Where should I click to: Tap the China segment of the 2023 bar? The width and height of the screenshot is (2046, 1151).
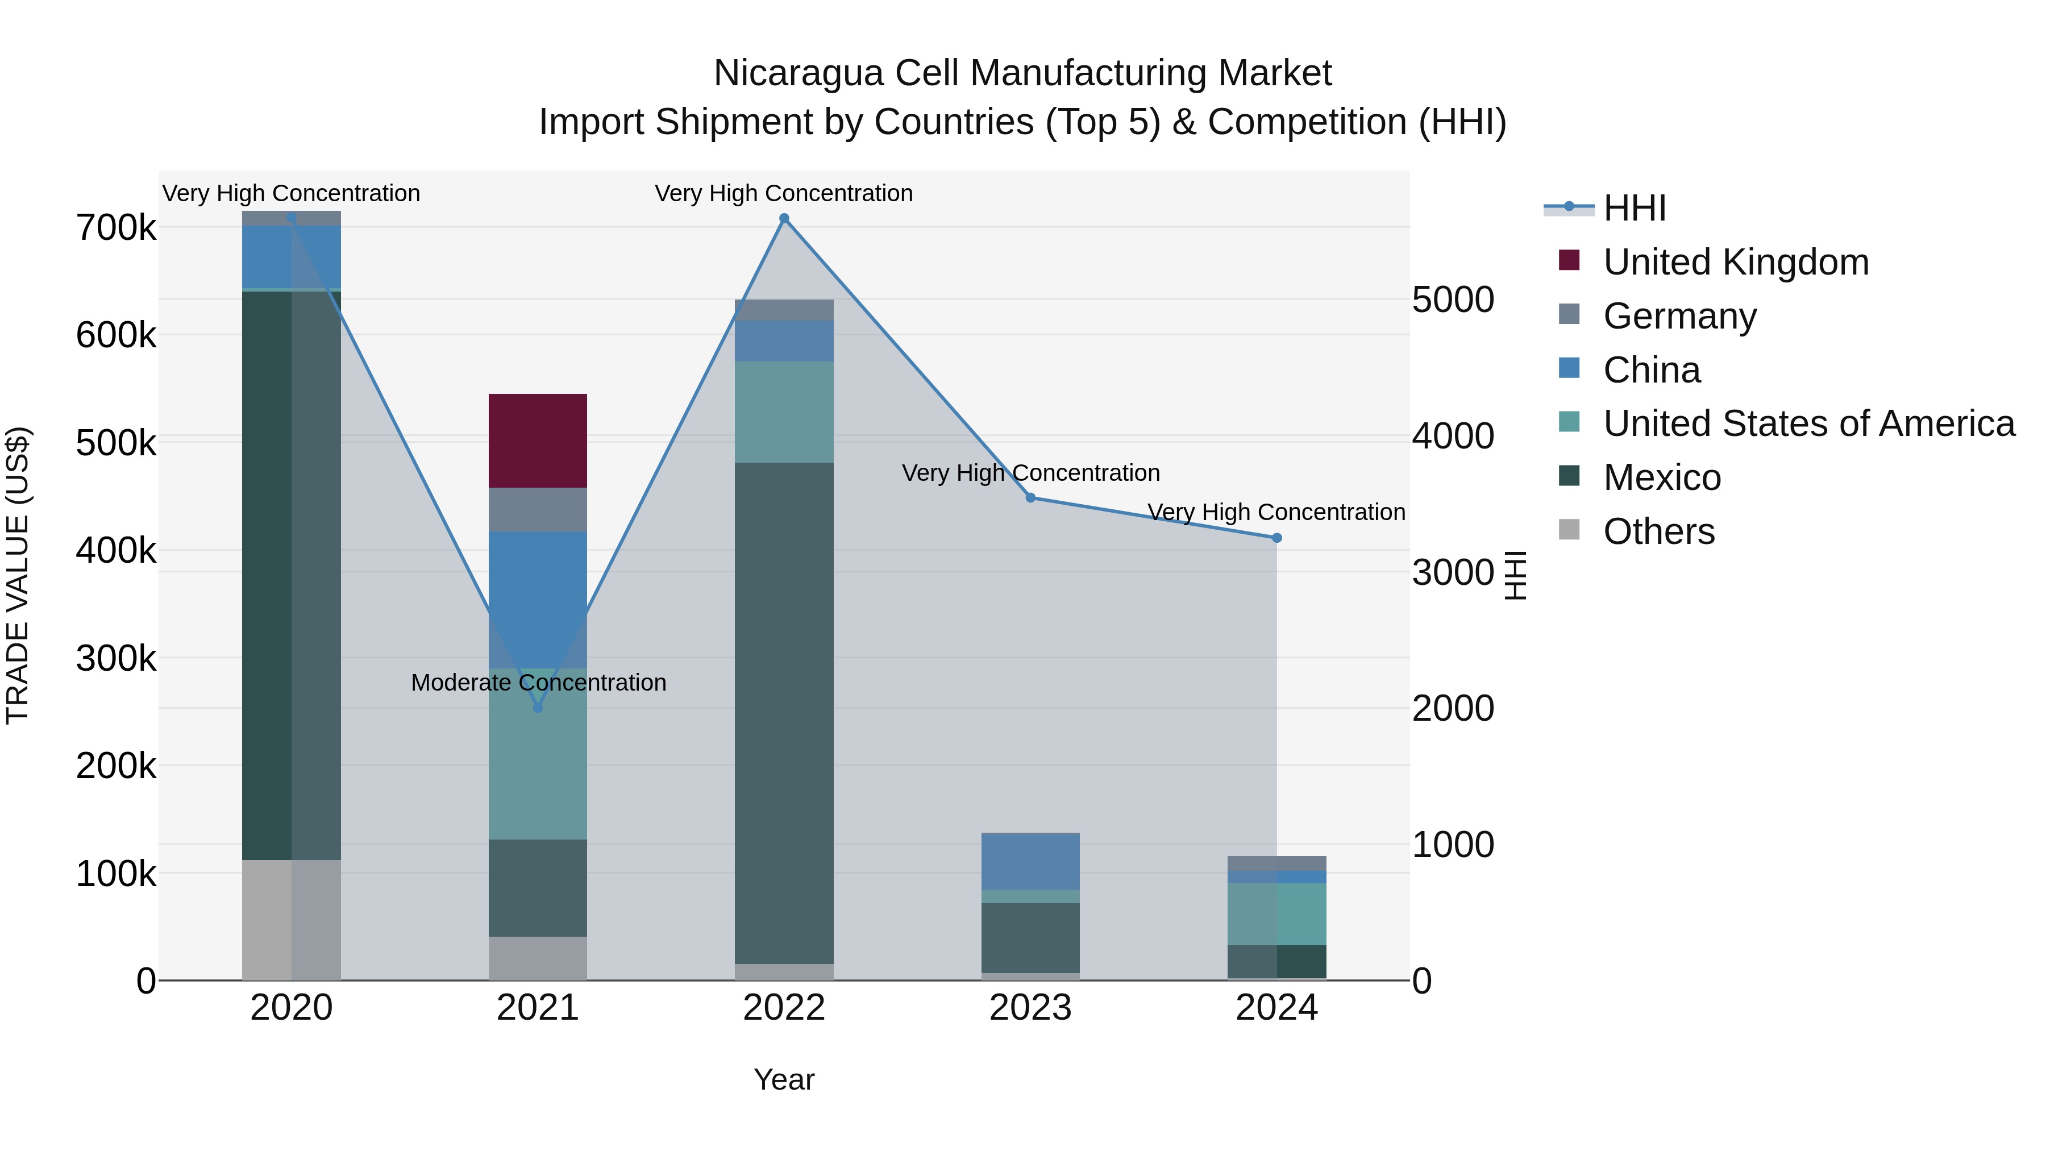1030,862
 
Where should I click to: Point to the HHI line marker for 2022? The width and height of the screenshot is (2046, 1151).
784,218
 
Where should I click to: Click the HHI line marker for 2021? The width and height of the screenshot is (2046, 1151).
538,707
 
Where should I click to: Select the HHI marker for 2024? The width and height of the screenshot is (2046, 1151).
1276,538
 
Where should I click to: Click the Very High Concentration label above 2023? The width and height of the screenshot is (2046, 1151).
1030,473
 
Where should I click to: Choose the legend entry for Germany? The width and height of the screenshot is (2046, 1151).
1679,316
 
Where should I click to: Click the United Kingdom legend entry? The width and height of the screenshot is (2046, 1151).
1736,262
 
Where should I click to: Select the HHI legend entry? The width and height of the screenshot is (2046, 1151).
1634,208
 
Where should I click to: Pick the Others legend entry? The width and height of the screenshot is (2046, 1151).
1658,531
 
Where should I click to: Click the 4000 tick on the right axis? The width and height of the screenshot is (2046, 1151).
1453,436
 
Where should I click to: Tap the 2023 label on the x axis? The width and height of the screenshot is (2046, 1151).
1030,1008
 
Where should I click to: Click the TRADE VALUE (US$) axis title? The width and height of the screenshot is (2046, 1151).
18,575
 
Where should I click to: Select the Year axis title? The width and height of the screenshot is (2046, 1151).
783,1079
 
